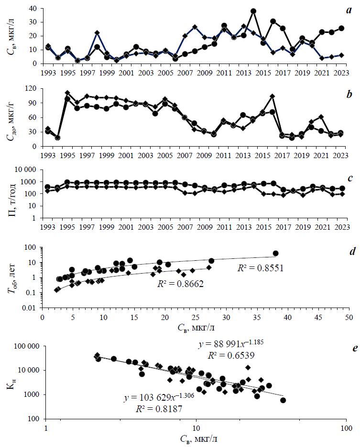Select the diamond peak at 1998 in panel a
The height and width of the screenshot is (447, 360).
(97, 33)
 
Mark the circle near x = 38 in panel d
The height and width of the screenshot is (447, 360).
(275, 254)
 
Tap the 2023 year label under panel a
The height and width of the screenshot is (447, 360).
(343, 72)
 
